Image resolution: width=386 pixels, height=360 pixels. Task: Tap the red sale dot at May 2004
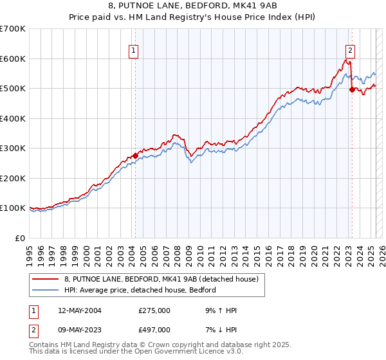[135, 156]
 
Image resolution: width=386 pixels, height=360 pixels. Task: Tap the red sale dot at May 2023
[352, 89]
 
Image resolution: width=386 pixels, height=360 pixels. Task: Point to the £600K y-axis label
[12, 59]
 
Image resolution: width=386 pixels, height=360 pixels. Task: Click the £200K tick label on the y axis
[12, 178]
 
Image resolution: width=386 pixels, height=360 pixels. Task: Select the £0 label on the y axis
[20, 238]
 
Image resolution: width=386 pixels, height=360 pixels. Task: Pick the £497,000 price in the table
[154, 329]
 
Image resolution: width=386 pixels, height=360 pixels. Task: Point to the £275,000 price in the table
[154, 310]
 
